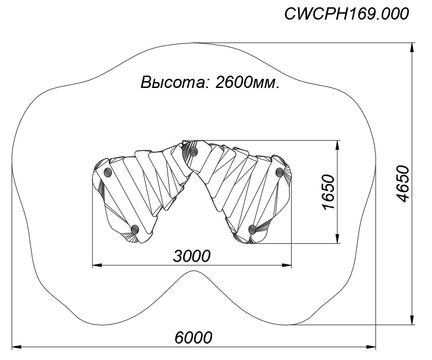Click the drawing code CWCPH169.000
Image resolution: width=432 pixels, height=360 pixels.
tap(346, 14)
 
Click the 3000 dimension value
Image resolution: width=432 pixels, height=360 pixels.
tap(192, 256)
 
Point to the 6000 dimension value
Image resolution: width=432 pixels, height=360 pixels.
tap(193, 337)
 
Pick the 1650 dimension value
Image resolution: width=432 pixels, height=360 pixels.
tap(329, 192)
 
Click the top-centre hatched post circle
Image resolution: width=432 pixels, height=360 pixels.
tap(194, 151)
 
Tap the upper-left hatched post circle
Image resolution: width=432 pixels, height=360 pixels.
tap(107, 173)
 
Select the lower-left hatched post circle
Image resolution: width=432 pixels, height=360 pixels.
tap(135, 229)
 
